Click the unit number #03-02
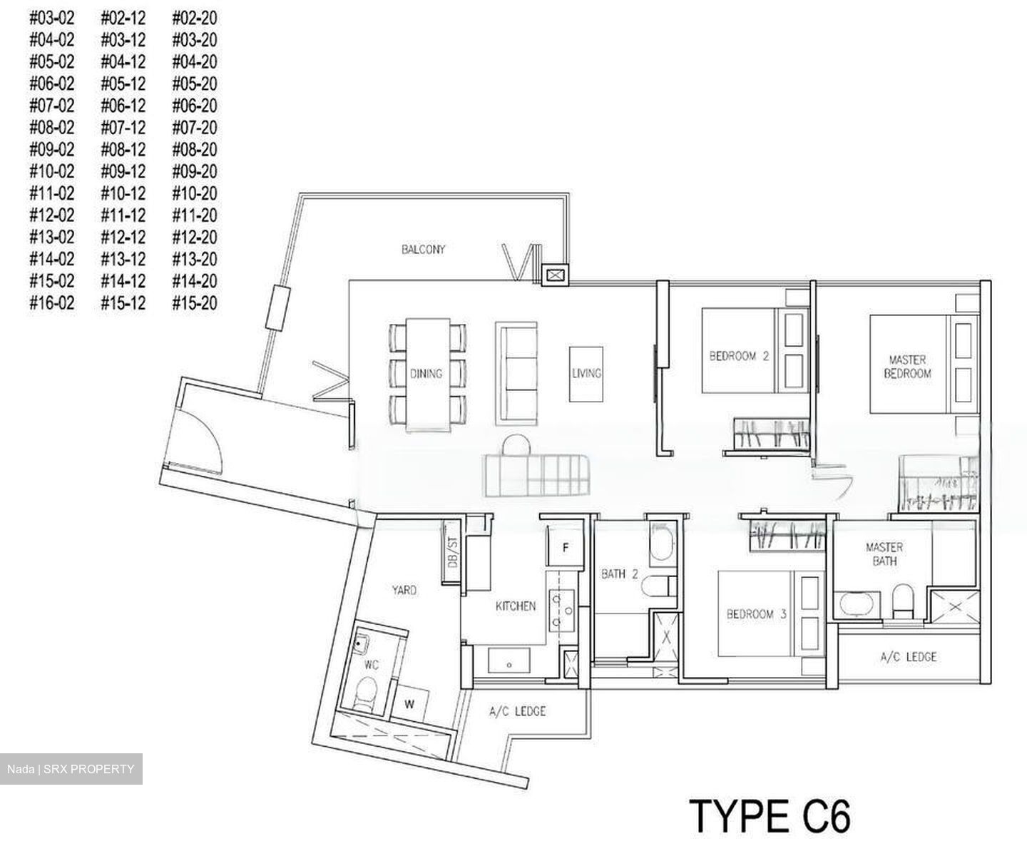coord(51,19)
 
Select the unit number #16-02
coord(51,303)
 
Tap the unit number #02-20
coord(195,19)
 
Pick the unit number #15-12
coord(123,303)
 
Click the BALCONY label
coord(423,250)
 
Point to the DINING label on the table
coord(426,373)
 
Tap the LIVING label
coord(586,373)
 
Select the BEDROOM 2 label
coord(738,356)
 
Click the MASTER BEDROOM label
coord(907,367)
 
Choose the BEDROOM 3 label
coord(756,614)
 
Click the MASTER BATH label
coord(884,554)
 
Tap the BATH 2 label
coord(619,574)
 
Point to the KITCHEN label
coord(516,606)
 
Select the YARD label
coord(404,590)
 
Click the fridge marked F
coord(566,548)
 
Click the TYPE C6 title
coord(770,816)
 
